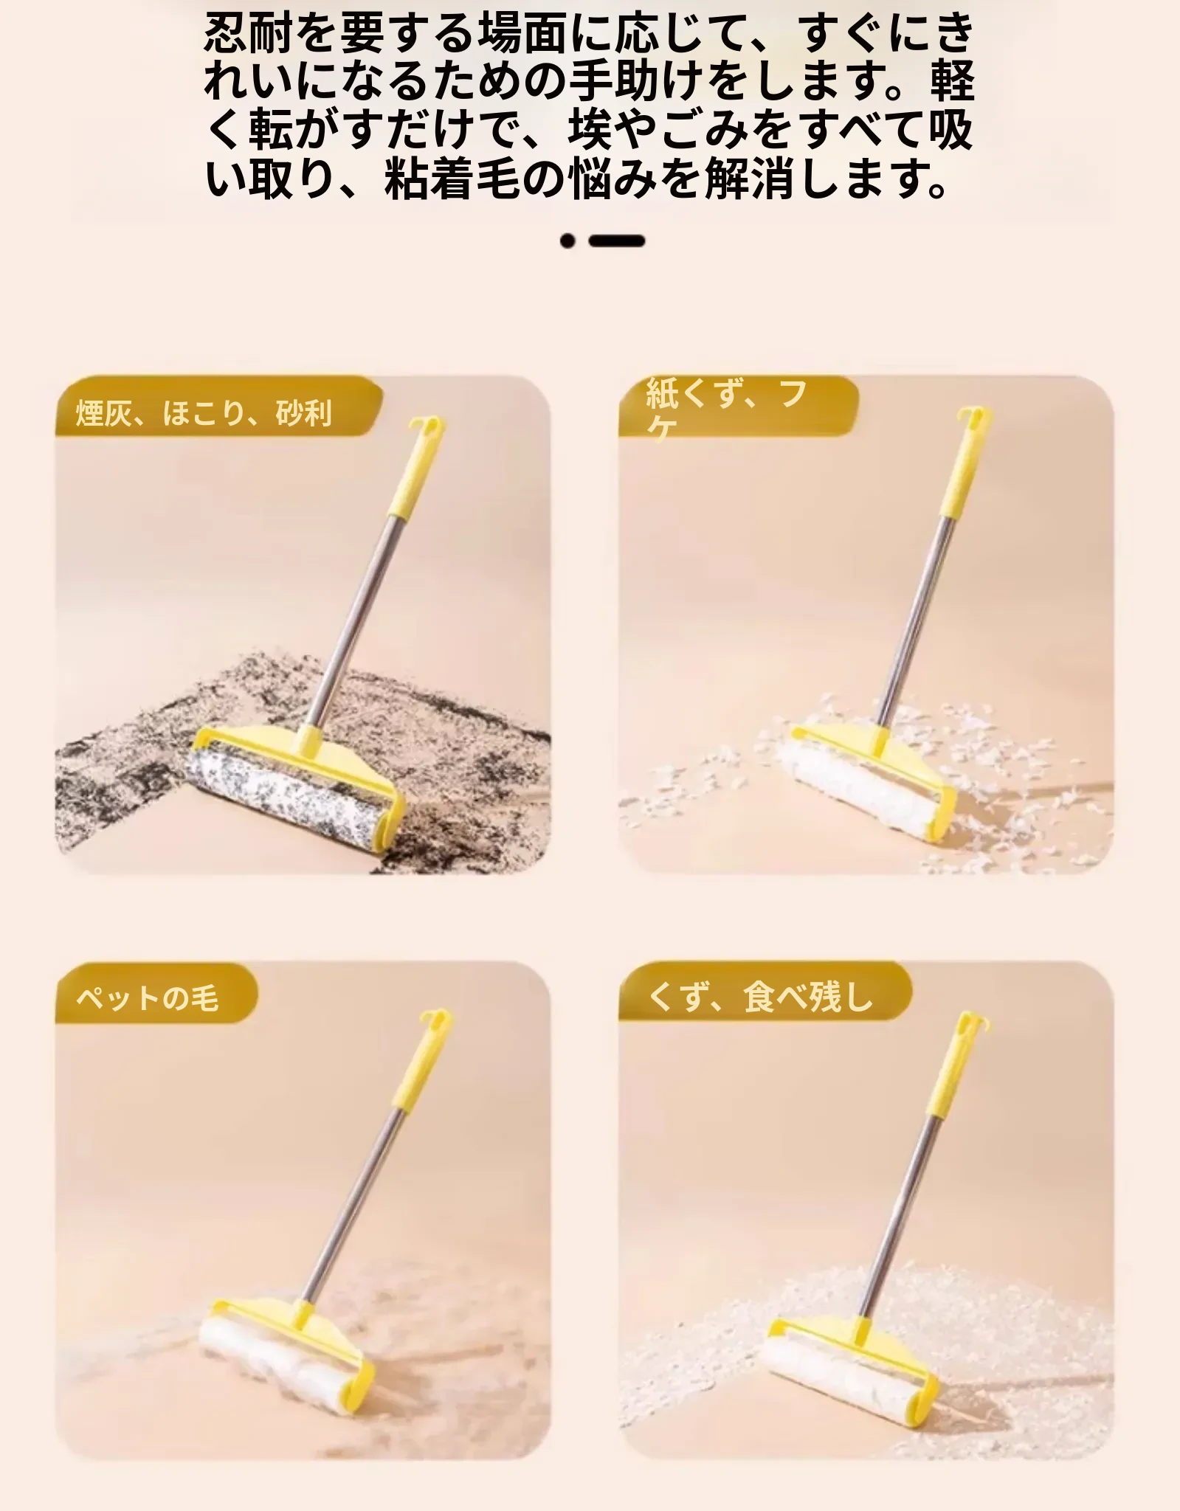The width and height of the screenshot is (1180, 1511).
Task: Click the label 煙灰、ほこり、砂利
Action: pos(204,412)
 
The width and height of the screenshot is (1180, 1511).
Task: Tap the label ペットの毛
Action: pos(148,998)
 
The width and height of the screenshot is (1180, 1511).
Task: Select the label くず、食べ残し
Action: pos(760,997)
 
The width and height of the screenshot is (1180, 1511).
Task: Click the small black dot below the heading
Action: pos(567,241)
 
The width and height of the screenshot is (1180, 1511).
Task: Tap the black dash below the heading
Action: pos(617,241)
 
